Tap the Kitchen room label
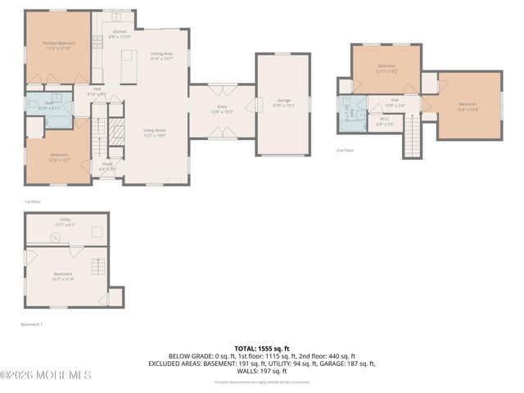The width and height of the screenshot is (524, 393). click(120, 32)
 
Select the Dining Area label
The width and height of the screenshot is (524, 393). click(161, 54)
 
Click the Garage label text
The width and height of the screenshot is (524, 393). click(283, 100)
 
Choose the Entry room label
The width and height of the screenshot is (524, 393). click(223, 106)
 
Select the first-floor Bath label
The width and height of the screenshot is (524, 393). click(38, 103)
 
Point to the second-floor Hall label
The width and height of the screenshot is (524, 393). click(395, 100)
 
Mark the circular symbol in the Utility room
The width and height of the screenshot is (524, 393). click(56, 237)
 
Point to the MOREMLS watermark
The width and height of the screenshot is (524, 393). click(46, 375)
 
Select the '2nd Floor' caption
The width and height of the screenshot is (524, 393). click(345, 151)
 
